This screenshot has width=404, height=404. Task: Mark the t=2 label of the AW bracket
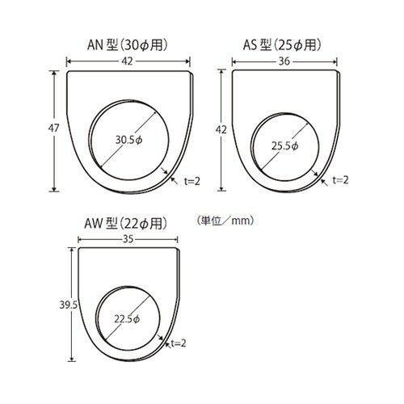click(179, 344)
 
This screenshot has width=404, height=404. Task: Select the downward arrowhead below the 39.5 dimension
click(73, 359)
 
